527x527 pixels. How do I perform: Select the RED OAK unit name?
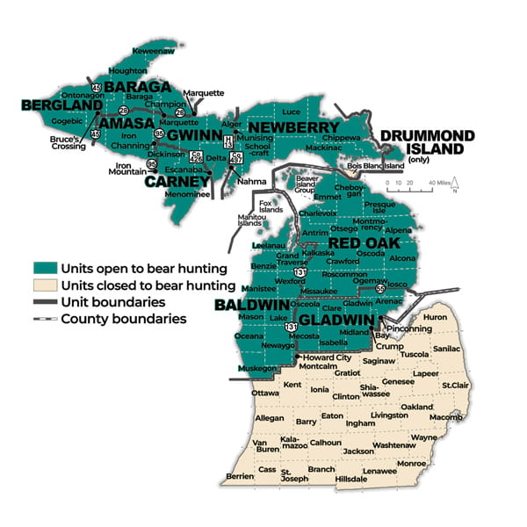[364, 243]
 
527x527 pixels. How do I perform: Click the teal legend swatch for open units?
[43, 268]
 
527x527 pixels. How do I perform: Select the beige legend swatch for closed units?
[43, 285]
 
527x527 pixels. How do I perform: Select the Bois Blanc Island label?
[376, 165]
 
